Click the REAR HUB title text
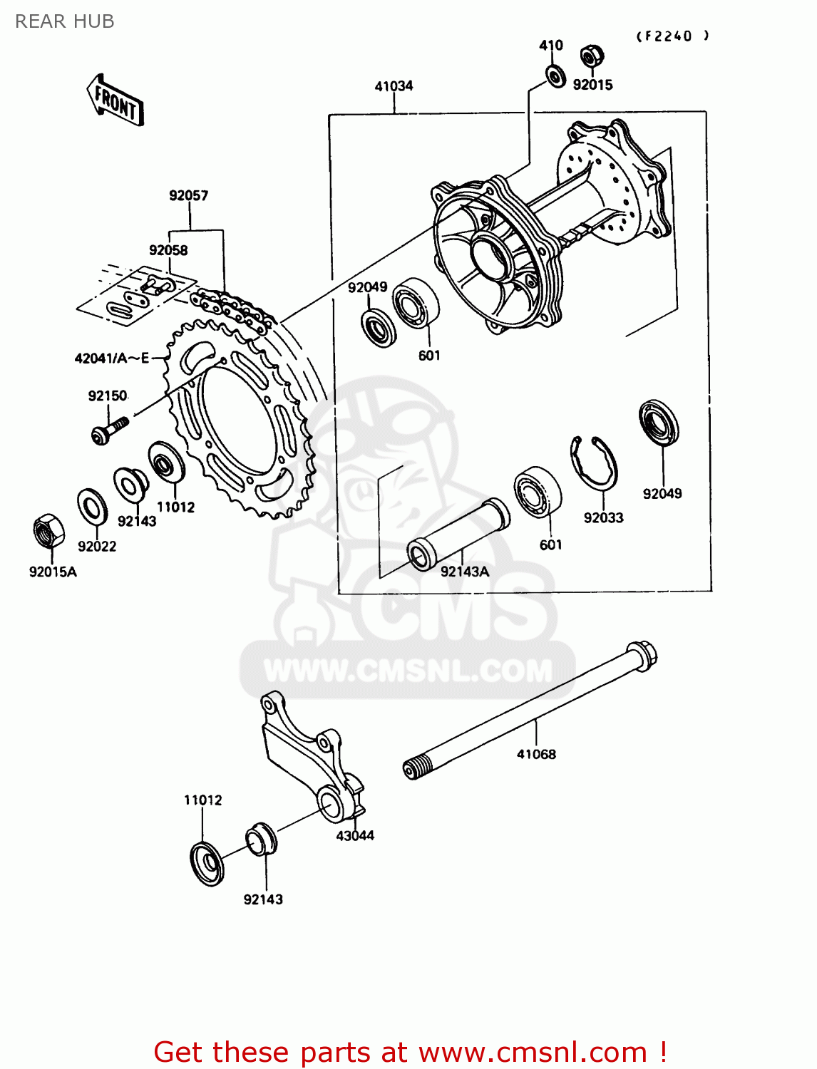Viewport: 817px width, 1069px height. click(64, 21)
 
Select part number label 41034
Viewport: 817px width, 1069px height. click(394, 86)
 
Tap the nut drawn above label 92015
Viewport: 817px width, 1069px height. click(591, 56)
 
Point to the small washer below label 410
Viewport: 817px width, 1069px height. click(555, 75)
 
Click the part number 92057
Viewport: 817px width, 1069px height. click(188, 195)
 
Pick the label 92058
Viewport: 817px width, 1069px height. click(168, 250)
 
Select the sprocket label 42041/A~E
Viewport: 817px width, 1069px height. click(112, 358)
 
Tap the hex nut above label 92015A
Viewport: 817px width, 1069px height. click(48, 531)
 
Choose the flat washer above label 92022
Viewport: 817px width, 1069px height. click(92, 506)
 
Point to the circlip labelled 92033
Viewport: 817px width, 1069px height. click(595, 463)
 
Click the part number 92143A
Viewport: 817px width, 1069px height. click(465, 572)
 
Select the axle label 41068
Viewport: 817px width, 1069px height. click(536, 754)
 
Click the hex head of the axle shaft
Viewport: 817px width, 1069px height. click(642, 655)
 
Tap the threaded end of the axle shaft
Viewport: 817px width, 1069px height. click(415, 768)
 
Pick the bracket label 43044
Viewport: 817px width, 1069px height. click(355, 836)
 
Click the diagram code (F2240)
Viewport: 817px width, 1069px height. click(672, 36)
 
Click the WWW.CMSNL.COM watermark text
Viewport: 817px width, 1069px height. click(408, 671)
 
